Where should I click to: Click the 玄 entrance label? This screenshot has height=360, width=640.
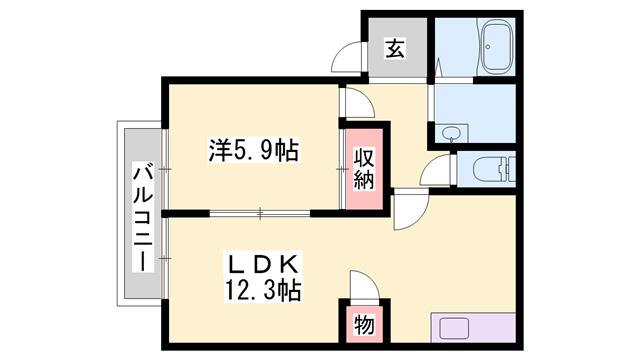pos(396,48)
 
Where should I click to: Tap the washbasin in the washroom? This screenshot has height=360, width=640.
pos(450,133)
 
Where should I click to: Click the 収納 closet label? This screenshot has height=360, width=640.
pos(363,168)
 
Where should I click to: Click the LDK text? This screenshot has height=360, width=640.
pos(261,266)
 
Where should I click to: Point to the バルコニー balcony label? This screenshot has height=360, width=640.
pos(141,214)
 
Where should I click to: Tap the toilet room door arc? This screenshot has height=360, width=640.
pos(437,172)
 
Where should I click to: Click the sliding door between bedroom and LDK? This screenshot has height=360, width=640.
pos(260,212)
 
